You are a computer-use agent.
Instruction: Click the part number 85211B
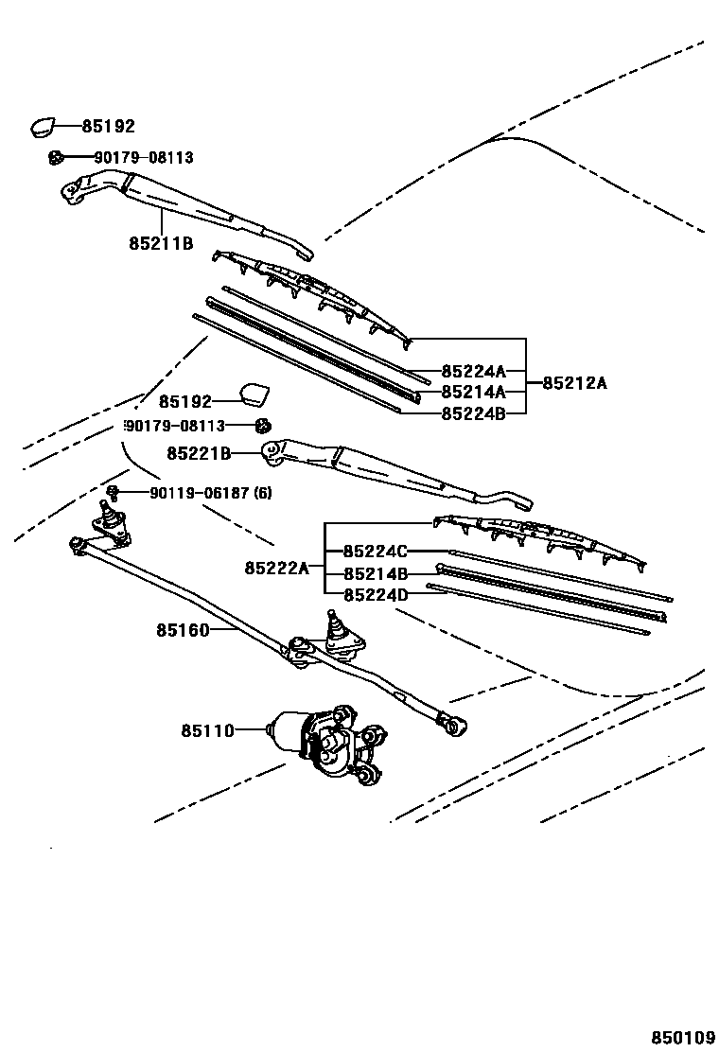point(161,243)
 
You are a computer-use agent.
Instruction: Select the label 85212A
point(574,383)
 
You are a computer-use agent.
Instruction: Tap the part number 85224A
point(473,372)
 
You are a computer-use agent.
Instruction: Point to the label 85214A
point(473,392)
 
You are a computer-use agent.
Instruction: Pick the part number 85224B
point(473,412)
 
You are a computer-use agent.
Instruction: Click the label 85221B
point(199,454)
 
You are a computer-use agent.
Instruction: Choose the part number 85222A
point(276,568)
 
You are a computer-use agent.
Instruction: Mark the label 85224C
point(376,552)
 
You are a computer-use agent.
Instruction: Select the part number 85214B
point(376,573)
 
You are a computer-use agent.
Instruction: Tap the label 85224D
point(376,594)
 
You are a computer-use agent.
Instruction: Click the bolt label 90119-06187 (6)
point(210,493)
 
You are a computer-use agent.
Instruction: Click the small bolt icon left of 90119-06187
point(113,491)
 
